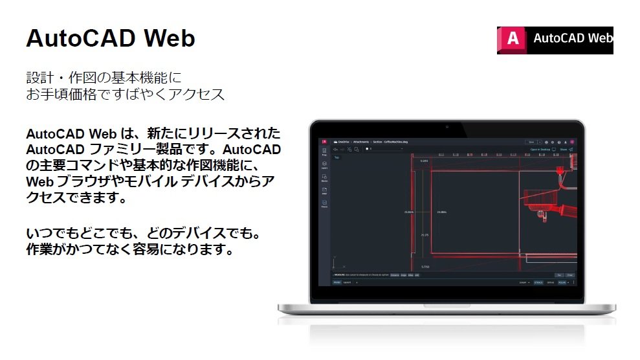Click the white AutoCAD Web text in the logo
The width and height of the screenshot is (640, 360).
coord(572,38)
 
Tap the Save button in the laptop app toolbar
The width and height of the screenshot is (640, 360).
coord(531,141)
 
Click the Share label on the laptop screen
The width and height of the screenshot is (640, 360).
coord(563,149)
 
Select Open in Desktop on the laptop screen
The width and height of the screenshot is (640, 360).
coord(540,149)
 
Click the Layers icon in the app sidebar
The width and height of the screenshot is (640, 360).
coord(324,165)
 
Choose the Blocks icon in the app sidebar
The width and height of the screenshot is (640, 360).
coord(324,178)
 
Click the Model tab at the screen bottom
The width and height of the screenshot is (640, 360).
coord(337,282)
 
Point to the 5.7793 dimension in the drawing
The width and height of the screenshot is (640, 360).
coord(425,266)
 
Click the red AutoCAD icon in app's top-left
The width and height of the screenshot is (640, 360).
coord(324,141)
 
